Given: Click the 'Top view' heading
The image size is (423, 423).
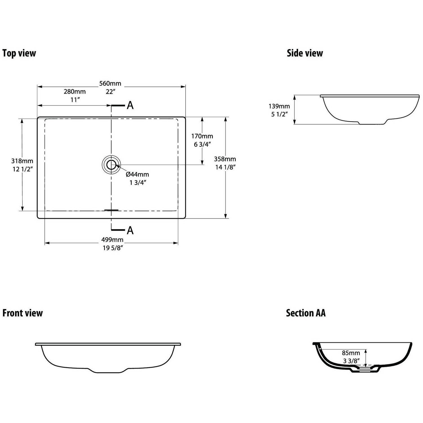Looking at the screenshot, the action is (19, 53).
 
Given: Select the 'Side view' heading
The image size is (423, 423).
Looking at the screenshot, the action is (305, 53).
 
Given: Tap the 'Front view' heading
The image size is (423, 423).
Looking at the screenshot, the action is (23, 313).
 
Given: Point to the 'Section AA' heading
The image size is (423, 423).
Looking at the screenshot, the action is (306, 313).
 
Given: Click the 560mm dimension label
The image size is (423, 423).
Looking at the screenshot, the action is (110, 83).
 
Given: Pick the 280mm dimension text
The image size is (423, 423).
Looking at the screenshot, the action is (75, 91).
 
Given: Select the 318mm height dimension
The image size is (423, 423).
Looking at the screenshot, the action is (22, 161).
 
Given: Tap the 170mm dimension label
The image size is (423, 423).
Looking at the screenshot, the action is (202, 136).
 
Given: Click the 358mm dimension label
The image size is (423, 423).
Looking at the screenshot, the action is (225, 159).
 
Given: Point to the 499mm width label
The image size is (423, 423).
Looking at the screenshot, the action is (113, 240).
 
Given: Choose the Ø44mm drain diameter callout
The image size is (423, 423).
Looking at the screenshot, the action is (137, 175).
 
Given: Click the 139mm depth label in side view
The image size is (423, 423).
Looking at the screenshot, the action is (279, 106).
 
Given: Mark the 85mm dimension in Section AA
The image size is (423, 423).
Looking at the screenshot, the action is (351, 353).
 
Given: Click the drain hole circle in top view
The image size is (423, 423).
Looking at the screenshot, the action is (111, 165).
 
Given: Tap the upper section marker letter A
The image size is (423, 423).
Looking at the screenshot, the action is (130, 105).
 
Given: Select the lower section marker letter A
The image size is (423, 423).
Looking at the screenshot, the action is (130, 230).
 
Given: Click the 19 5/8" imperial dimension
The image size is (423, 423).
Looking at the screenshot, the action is (113, 248).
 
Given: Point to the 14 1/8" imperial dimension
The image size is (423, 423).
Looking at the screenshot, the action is (225, 167).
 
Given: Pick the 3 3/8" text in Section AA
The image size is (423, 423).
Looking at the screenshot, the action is (351, 361).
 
